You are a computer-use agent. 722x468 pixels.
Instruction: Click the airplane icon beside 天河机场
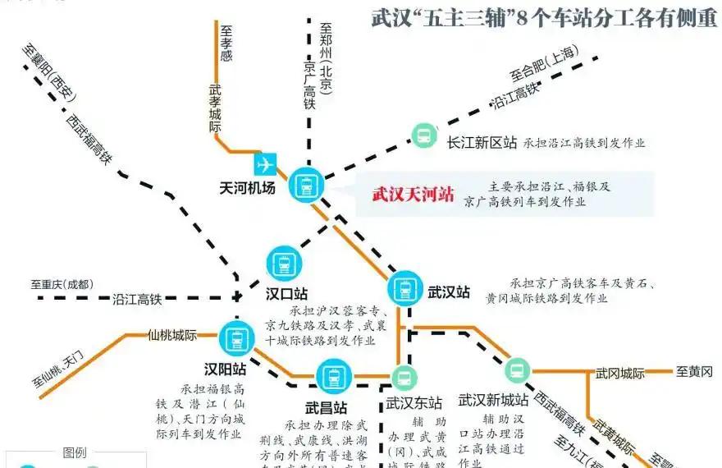(x=265, y=163)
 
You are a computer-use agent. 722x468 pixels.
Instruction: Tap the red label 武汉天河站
(x=413, y=195)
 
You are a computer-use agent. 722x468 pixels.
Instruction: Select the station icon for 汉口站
(x=285, y=264)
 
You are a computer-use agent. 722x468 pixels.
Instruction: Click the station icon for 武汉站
(x=403, y=289)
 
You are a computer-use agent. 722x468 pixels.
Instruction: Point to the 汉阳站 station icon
(x=236, y=337)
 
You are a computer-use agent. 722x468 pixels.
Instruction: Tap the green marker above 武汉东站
(x=403, y=378)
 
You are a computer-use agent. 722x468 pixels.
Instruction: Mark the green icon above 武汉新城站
(x=518, y=370)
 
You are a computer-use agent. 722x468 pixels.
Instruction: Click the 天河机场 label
(x=247, y=188)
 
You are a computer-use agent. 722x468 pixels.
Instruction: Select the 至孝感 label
(x=227, y=42)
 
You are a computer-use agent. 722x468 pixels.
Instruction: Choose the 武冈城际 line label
(x=620, y=373)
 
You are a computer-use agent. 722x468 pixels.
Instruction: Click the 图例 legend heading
(x=74, y=452)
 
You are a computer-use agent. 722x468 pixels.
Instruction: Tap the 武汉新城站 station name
(x=493, y=401)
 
